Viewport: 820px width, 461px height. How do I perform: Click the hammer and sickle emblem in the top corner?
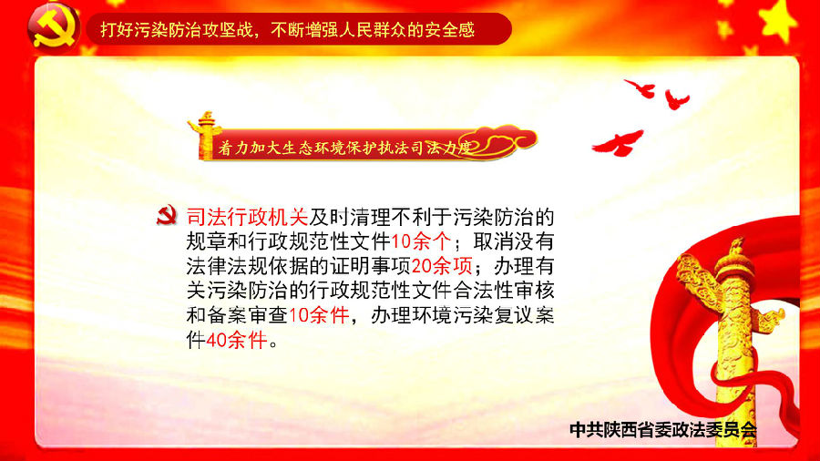(54, 28)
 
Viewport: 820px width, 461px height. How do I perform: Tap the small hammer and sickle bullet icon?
(167, 215)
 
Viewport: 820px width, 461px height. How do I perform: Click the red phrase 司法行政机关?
(247, 217)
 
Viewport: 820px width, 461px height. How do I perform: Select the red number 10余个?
(421, 241)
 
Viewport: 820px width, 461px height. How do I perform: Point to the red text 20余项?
(442, 266)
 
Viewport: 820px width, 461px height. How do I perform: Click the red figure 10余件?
(319, 316)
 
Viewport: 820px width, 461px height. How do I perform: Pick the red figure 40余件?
(237, 340)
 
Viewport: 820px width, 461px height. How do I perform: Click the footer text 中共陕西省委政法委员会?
(663, 430)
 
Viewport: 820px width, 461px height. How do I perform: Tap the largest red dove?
(618, 143)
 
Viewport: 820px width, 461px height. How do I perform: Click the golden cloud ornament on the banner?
(504, 140)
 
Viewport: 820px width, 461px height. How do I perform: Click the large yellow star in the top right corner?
(780, 21)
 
